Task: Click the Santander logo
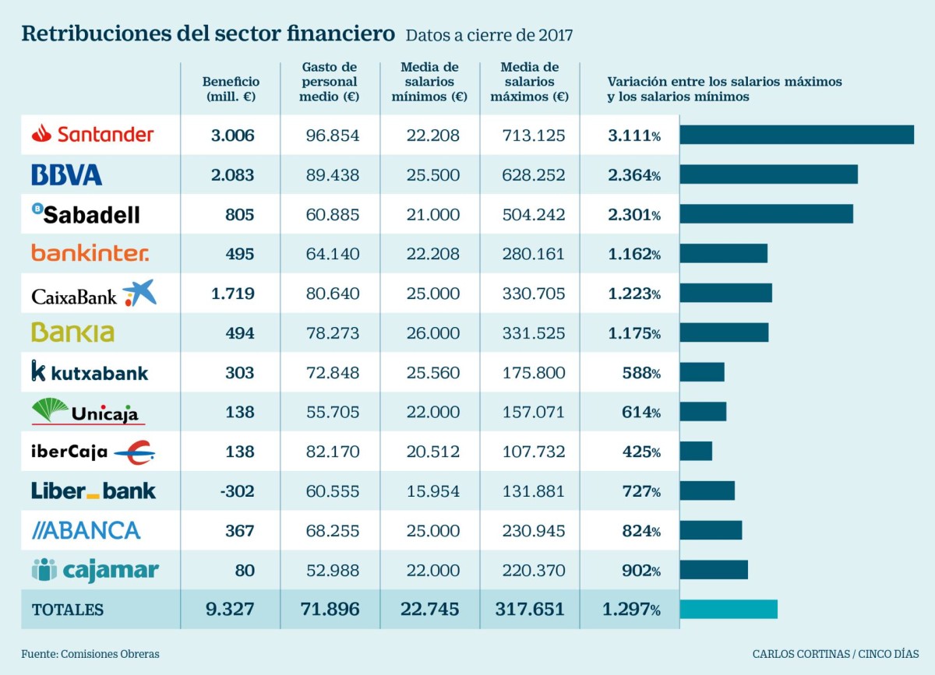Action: click(93, 134)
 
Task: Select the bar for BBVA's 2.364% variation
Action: click(768, 174)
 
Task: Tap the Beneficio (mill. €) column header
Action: click(231, 90)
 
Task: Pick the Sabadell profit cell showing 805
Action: click(239, 215)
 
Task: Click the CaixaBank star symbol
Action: click(139, 292)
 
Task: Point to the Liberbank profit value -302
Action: click(237, 491)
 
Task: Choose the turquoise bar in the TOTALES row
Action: click(729, 609)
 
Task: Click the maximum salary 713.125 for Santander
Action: click(534, 135)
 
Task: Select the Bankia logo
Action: click(72, 332)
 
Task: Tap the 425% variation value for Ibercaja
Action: click(640, 452)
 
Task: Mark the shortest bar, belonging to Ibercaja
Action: click(696, 451)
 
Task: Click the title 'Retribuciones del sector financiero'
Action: click(208, 34)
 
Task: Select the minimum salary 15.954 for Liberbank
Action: click(433, 491)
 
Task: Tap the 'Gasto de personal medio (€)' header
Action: click(330, 83)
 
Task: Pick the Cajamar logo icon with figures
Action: click(44, 570)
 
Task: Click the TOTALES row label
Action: click(68, 610)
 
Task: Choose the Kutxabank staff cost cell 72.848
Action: click(333, 373)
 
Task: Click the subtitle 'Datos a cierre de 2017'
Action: click(489, 36)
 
